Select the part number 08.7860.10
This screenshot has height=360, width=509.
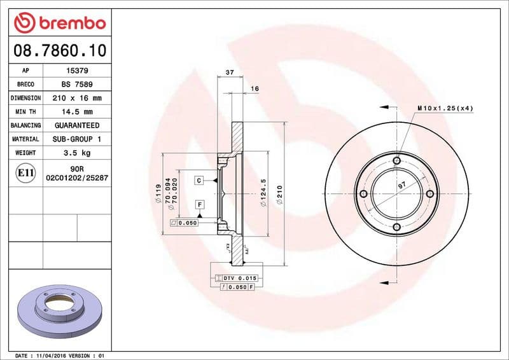tap(58, 50)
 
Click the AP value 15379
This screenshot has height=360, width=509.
tap(77, 70)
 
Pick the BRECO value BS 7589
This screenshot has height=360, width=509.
tap(77, 84)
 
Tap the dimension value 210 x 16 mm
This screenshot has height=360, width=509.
tap(77, 98)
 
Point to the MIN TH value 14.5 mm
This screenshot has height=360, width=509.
tap(77, 112)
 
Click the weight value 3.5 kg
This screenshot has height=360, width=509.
tap(77, 153)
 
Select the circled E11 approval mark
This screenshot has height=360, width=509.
tap(25, 172)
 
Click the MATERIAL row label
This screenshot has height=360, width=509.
tap(25, 139)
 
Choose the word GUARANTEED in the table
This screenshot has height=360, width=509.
tap(77, 125)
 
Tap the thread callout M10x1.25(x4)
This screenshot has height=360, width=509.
tap(445, 109)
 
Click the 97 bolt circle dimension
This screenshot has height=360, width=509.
tap(401, 185)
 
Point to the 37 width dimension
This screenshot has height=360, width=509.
tap(230, 73)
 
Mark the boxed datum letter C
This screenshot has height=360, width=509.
tap(199, 181)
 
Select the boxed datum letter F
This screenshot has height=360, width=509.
tap(199, 204)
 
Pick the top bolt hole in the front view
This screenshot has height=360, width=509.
tap(396, 160)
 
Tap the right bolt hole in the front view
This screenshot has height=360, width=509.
tap(429, 193)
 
